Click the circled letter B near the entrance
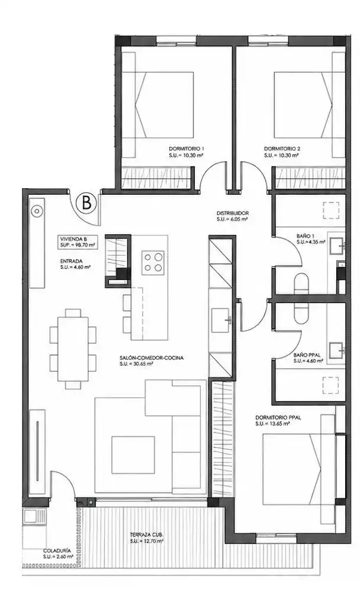(86, 204)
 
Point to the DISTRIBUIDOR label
(233, 213)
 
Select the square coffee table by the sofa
(133, 455)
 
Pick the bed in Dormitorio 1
(164, 105)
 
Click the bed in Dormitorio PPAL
(291, 469)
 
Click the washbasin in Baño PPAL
(336, 350)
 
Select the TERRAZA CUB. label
(146, 535)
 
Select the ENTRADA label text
(71, 261)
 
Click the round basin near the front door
(36, 212)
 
